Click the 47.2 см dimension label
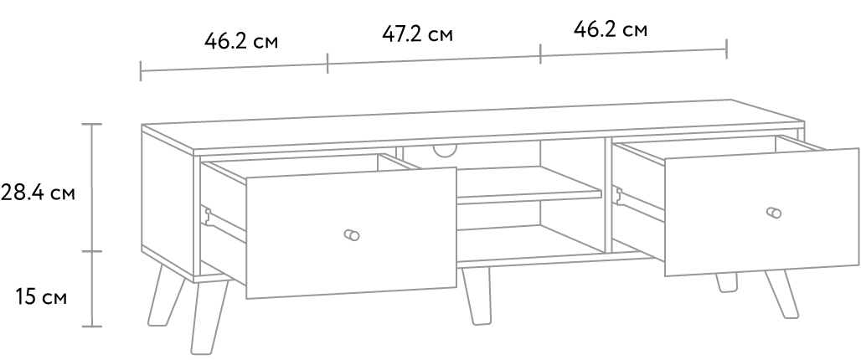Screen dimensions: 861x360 pyautogui.click(x=418, y=34)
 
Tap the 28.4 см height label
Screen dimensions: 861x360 pyautogui.click(x=38, y=193)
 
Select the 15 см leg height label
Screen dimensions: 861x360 pyautogui.click(x=41, y=297)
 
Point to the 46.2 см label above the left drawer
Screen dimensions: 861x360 pyautogui.click(x=241, y=41)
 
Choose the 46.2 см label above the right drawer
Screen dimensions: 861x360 pyautogui.click(x=611, y=29)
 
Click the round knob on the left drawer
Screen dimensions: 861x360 pyautogui.click(x=352, y=235)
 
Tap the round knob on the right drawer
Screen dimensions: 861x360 pyautogui.click(x=774, y=213)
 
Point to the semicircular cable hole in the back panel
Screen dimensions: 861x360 pyautogui.click(x=446, y=150)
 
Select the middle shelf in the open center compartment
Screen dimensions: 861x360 pyautogui.click(x=528, y=186)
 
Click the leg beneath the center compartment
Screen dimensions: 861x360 pyautogui.click(x=476, y=296)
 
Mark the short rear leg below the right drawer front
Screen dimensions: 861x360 pyautogui.click(x=726, y=282)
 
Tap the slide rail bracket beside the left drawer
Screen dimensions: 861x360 pyautogui.click(x=207, y=216)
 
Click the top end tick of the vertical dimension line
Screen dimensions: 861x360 pyautogui.click(x=91, y=125)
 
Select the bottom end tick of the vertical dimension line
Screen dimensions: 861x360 pyautogui.click(x=91, y=327)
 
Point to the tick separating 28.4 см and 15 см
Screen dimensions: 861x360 pyautogui.click(x=91, y=251)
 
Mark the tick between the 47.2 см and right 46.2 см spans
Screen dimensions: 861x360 pyautogui.click(x=540, y=54)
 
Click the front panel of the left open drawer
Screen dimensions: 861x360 pyautogui.click(x=351, y=234)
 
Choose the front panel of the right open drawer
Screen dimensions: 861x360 pyautogui.click(x=761, y=212)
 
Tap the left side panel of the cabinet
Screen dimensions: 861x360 pyautogui.click(x=168, y=203)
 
